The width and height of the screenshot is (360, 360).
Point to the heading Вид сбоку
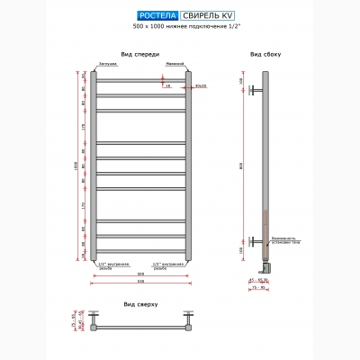click(x=267, y=54)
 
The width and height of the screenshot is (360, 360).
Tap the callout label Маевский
click(x=175, y=65)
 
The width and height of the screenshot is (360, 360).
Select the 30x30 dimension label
click(x=199, y=86)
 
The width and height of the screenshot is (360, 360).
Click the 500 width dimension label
click(x=139, y=274)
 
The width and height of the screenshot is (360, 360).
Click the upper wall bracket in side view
click(x=259, y=90)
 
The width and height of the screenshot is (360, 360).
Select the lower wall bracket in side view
click(x=259, y=240)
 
